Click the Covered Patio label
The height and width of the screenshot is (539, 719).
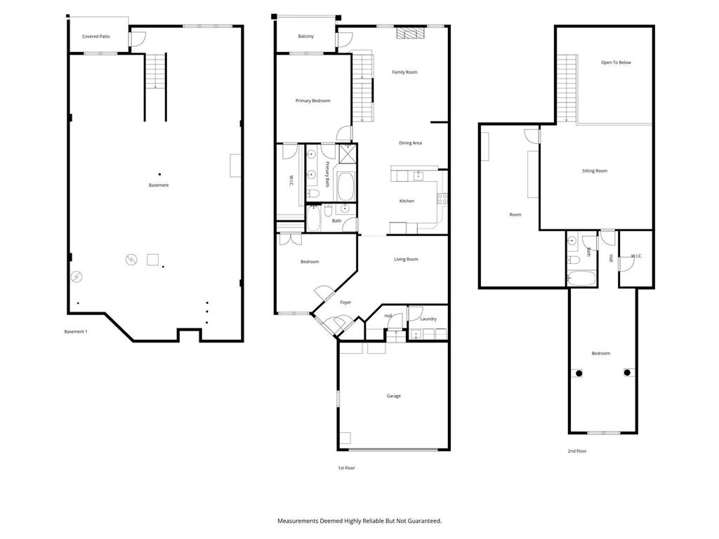[95, 36]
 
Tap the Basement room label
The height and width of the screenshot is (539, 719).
[159, 185]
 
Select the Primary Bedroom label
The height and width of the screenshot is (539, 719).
[312, 101]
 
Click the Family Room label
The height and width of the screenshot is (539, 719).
[404, 72]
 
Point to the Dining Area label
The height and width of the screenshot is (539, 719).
[410, 143]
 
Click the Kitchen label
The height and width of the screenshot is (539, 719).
[407, 201]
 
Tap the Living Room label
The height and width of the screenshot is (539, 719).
[406, 260]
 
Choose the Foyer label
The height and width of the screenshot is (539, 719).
[345, 302]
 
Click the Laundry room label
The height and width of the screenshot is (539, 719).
[428, 319]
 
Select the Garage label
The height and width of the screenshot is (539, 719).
[394, 396]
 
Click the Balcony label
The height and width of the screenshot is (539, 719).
[305, 36]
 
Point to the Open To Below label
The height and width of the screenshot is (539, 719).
[616, 62]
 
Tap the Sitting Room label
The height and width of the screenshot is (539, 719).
[595, 171]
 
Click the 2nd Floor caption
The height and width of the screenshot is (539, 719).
[576, 451]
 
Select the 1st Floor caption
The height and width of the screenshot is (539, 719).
[346, 467]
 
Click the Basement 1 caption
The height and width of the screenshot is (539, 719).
[76, 331]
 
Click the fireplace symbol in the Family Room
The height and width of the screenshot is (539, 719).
[411, 32]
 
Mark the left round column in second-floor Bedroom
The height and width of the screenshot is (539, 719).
[579, 373]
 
